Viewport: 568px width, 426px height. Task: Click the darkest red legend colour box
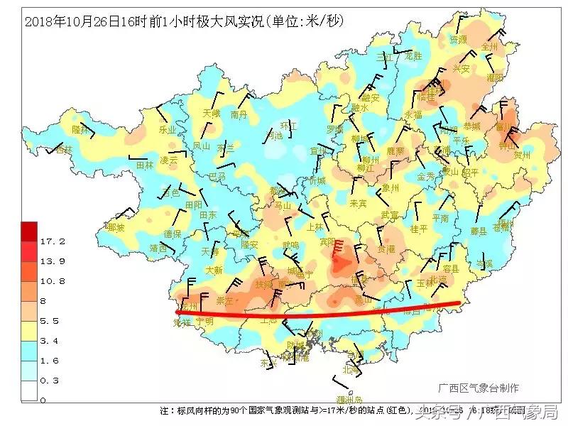(29, 231)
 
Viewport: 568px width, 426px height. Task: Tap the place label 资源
(458, 40)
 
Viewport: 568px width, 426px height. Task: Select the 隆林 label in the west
(82, 130)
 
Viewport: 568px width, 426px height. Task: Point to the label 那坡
(115, 228)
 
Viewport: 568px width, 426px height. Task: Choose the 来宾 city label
(358, 204)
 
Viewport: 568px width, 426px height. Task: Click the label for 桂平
(419, 229)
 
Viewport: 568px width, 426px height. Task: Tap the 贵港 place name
(386, 249)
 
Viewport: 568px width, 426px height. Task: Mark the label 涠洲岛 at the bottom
(349, 400)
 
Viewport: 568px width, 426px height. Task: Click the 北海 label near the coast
(351, 369)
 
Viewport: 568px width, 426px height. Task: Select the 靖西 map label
(158, 248)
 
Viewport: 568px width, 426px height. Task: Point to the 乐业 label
(167, 130)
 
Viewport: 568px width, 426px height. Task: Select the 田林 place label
(145, 165)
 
